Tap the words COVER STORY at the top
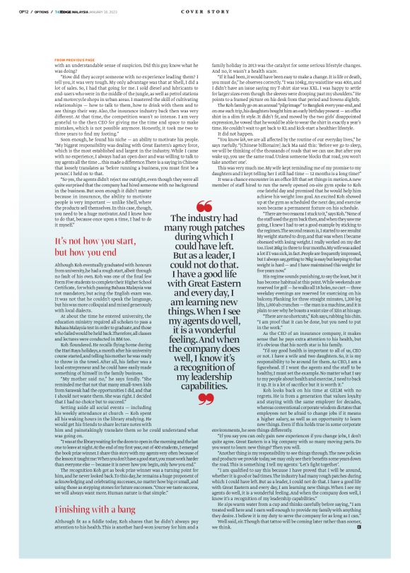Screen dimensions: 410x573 pyautogui.click(x=204, y=12)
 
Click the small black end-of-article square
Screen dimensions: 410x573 pyautogui.click(x=339, y=547)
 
